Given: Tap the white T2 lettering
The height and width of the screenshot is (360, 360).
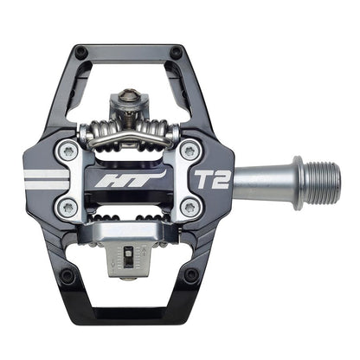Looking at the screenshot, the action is point(212,180).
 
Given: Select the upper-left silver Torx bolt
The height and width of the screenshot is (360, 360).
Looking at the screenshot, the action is point(68,151).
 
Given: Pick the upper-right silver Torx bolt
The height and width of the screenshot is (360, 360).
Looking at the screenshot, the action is point(190,150).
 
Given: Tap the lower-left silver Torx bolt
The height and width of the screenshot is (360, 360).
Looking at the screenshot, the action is point(68,207).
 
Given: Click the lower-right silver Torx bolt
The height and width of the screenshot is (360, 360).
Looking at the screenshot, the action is point(190,207).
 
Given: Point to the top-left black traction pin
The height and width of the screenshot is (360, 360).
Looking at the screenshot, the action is point(80,52).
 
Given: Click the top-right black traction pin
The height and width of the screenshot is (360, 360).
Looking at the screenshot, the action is point(176,52).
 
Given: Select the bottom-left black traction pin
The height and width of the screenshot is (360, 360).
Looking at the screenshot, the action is point(67,274).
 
